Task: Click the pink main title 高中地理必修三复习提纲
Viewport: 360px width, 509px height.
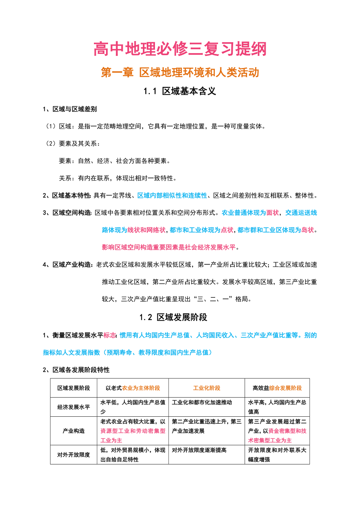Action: pyautogui.click(x=180, y=50)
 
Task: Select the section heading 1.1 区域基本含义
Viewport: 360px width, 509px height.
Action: pyautogui.click(x=180, y=91)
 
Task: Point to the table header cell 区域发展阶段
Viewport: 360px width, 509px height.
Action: pyautogui.click(x=74, y=388)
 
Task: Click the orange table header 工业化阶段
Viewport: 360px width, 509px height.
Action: pyautogui.click(x=207, y=388)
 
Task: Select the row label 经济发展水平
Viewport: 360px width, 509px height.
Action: pyautogui.click(x=74, y=407)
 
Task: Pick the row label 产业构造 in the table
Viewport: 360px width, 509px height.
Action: pyautogui.click(x=74, y=431)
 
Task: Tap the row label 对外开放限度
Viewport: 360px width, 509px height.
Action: pyautogui.click(x=74, y=455)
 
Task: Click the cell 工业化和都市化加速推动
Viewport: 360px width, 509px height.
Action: pyautogui.click(x=202, y=402)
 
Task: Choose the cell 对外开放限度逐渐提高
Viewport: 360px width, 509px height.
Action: pyautogui.click(x=199, y=450)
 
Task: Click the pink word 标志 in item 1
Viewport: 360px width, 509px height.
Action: pyautogui.click(x=110, y=335)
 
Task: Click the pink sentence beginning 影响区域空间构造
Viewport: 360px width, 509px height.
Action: pyautogui.click(x=170, y=247)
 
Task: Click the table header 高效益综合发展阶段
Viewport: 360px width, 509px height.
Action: pyautogui.click(x=277, y=388)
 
